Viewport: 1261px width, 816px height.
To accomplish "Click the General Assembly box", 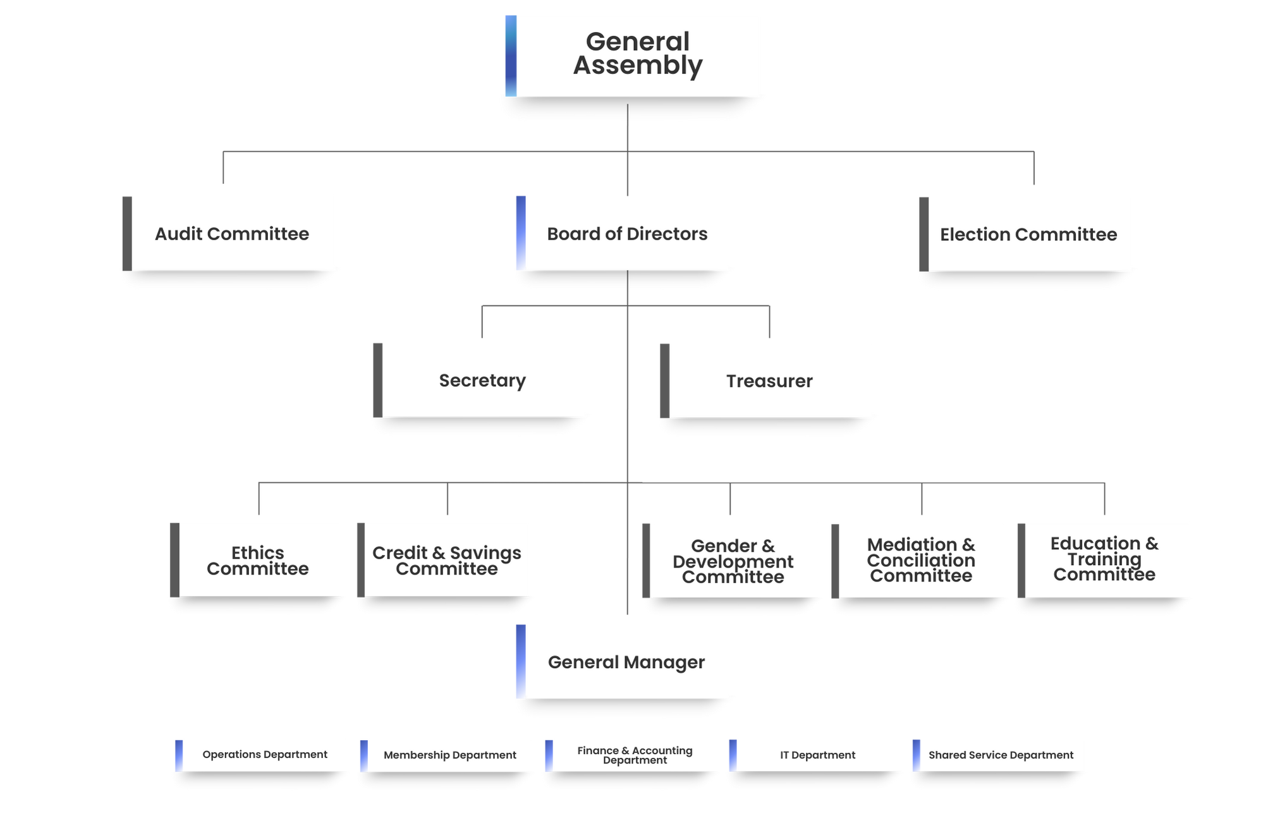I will click(x=632, y=55).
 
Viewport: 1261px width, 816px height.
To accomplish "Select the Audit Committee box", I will click(x=229, y=233).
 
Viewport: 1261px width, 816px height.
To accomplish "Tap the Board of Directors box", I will click(x=623, y=233).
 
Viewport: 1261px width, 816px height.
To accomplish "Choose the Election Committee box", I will click(x=1026, y=234).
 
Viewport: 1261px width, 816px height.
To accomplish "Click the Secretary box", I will click(x=480, y=380).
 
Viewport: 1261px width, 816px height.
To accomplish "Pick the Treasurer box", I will click(x=767, y=381).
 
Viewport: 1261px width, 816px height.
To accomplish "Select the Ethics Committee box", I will click(x=256, y=560).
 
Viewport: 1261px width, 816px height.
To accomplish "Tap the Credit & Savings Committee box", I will click(x=444, y=560).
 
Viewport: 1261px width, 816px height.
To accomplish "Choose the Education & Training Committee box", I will click(x=1104, y=559).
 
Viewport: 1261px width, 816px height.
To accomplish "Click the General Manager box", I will click(x=623, y=661).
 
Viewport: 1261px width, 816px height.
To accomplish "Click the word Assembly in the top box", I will click(x=638, y=66).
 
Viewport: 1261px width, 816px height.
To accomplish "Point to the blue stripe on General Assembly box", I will click(x=510, y=55).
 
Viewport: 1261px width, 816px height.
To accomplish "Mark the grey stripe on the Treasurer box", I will click(x=664, y=381).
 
